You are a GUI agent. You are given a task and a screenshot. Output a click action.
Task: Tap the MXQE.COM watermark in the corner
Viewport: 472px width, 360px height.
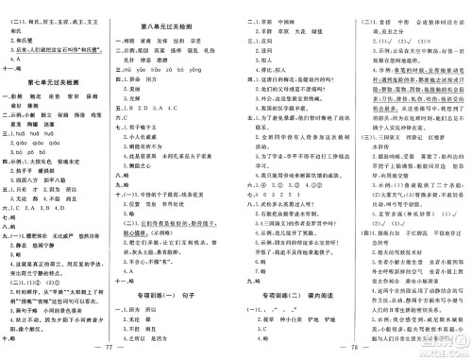pyautogui.click(x=451, y=348)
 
